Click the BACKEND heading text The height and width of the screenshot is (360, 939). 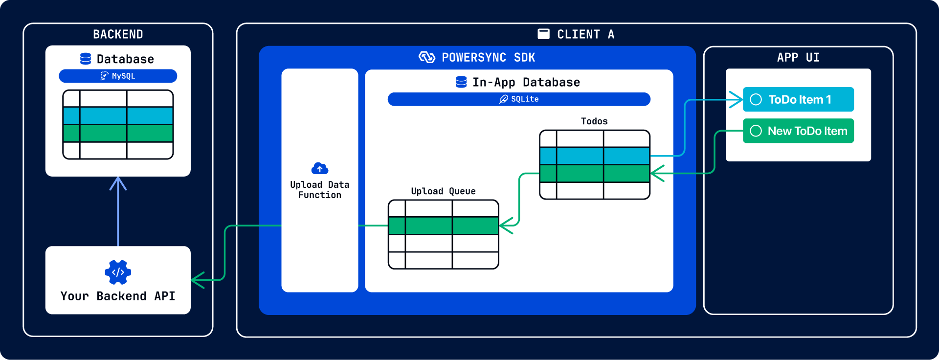click(118, 34)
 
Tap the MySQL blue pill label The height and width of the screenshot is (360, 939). click(118, 76)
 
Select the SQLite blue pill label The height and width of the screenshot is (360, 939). click(519, 99)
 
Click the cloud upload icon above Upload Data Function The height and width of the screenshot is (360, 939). click(320, 169)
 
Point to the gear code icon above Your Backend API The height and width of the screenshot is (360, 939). click(118, 272)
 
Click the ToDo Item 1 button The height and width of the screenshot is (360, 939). click(798, 99)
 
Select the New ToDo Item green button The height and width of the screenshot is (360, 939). click(798, 131)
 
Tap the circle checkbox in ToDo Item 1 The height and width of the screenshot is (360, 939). click(756, 99)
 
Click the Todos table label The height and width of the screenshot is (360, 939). click(594, 121)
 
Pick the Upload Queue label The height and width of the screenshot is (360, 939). click(443, 191)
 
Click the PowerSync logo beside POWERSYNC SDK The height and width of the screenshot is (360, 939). click(427, 57)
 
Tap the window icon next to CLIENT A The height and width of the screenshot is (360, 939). click(543, 34)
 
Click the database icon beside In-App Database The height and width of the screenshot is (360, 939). click(461, 82)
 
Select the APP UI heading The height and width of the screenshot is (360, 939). click(798, 57)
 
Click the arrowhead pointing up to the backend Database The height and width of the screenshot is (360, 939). click(118, 183)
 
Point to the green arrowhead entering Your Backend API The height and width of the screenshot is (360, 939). click(198, 280)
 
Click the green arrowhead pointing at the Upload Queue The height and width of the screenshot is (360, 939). click(506, 225)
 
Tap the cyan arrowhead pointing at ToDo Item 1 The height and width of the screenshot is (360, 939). click(736, 99)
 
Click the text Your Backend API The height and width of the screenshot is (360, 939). click(118, 296)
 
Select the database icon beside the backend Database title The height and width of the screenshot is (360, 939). click(86, 59)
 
